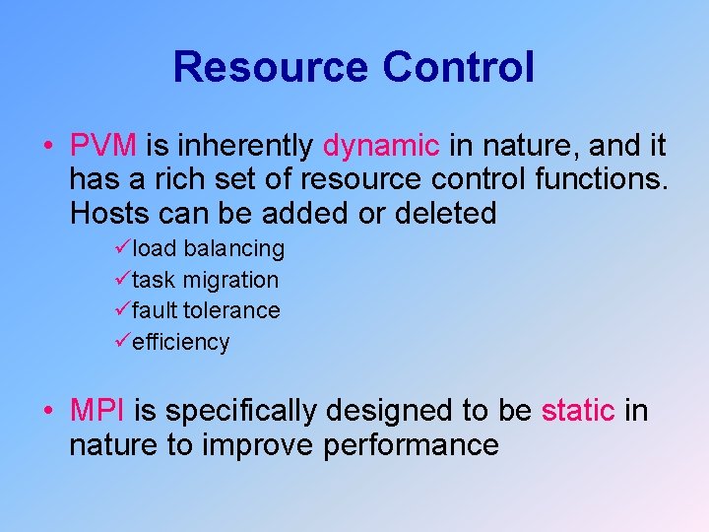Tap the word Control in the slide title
(459, 67)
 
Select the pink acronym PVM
(103, 147)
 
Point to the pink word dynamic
(382, 147)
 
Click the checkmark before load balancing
(122, 247)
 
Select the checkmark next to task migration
(122, 279)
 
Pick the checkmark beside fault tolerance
(122, 310)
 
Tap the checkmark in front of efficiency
(122, 342)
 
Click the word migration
(229, 280)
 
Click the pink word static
(578, 410)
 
